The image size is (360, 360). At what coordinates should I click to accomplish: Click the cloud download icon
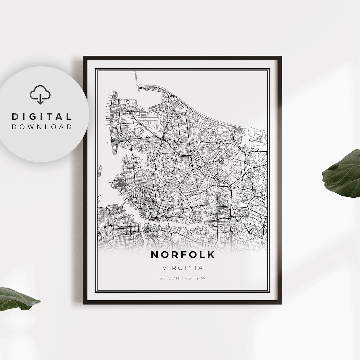pyautogui.click(x=40, y=95)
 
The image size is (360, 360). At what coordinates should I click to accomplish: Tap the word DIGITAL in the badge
pyautogui.click(x=42, y=117)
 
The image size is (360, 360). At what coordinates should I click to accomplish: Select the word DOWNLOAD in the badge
pyautogui.click(x=42, y=127)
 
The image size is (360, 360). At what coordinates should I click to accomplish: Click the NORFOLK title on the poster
pyautogui.click(x=183, y=255)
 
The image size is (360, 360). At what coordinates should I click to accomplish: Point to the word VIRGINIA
pyautogui.click(x=183, y=268)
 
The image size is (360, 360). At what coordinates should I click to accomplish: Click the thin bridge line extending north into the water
pyautogui.click(x=136, y=78)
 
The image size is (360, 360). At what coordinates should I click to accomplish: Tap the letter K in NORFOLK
pyautogui.click(x=211, y=255)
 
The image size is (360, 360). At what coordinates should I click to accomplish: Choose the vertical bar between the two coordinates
pyautogui.click(x=183, y=278)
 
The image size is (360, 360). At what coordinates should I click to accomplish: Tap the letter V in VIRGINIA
pyautogui.click(x=164, y=268)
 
